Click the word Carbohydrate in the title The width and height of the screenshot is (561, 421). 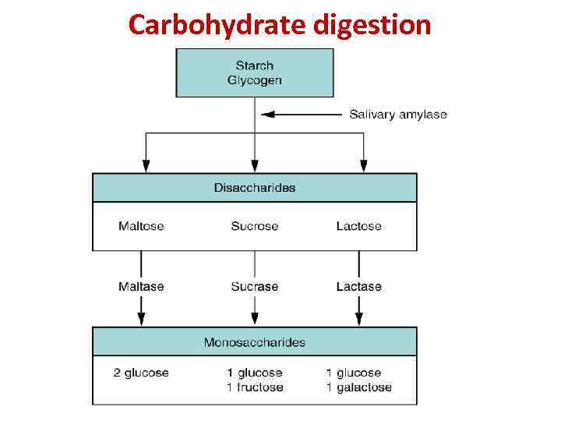[x=217, y=25]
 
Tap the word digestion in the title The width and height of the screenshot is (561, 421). [x=372, y=25]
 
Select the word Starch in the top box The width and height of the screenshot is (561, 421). [x=255, y=65]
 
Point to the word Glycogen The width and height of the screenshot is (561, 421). [x=255, y=80]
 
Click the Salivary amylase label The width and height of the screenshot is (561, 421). [x=398, y=115]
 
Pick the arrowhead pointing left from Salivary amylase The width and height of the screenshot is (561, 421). [x=268, y=115]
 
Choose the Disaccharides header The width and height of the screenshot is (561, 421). [x=255, y=187]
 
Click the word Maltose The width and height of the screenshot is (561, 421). [x=141, y=226]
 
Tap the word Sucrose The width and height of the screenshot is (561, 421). [x=255, y=226]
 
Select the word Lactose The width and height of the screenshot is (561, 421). [x=359, y=226]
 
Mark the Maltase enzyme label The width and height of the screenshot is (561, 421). [x=141, y=286]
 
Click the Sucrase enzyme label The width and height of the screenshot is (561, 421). [x=255, y=286]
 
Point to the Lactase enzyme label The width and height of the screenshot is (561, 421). [x=359, y=286]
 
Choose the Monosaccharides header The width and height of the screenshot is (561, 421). [x=255, y=341]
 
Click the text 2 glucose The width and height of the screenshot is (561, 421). [x=141, y=373]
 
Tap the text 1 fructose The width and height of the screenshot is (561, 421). [x=255, y=387]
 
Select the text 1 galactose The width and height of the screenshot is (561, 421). [x=359, y=387]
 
